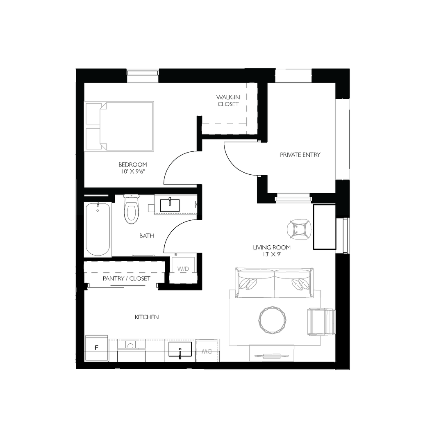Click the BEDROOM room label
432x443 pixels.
(x=133, y=165)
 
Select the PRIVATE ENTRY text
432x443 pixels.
(x=300, y=155)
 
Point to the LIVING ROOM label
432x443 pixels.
(x=271, y=247)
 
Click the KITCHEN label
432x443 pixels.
(x=147, y=317)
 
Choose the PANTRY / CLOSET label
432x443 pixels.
(x=126, y=279)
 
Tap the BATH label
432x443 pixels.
(x=147, y=236)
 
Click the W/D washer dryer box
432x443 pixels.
(x=183, y=269)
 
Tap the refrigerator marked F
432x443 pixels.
(x=97, y=348)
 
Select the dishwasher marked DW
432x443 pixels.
(x=207, y=351)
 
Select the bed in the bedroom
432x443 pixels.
(x=120, y=126)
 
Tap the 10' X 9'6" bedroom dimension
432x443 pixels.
(x=133, y=172)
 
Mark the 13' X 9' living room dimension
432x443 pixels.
(x=271, y=254)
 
